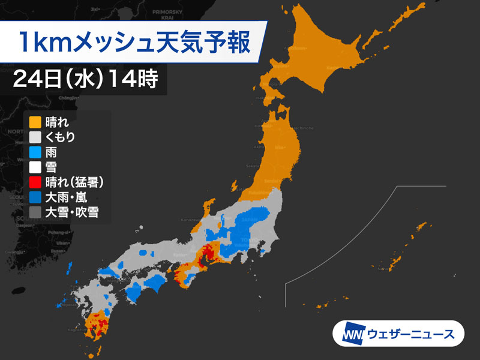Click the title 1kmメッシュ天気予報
(x=133, y=44)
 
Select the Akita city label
(x=259, y=146)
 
